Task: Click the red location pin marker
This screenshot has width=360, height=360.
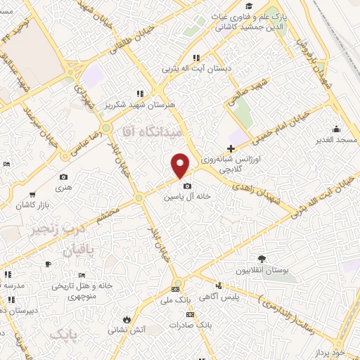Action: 181,165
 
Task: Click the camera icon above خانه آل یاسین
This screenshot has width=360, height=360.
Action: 186,186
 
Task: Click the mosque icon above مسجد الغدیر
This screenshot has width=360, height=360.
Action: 336,129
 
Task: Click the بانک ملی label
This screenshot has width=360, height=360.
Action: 175,300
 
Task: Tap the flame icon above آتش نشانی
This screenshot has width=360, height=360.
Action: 126,318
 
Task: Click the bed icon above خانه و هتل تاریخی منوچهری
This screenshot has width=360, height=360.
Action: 82,275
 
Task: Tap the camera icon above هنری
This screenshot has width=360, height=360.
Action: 64,177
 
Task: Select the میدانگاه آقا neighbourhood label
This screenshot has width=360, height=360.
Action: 150,132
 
